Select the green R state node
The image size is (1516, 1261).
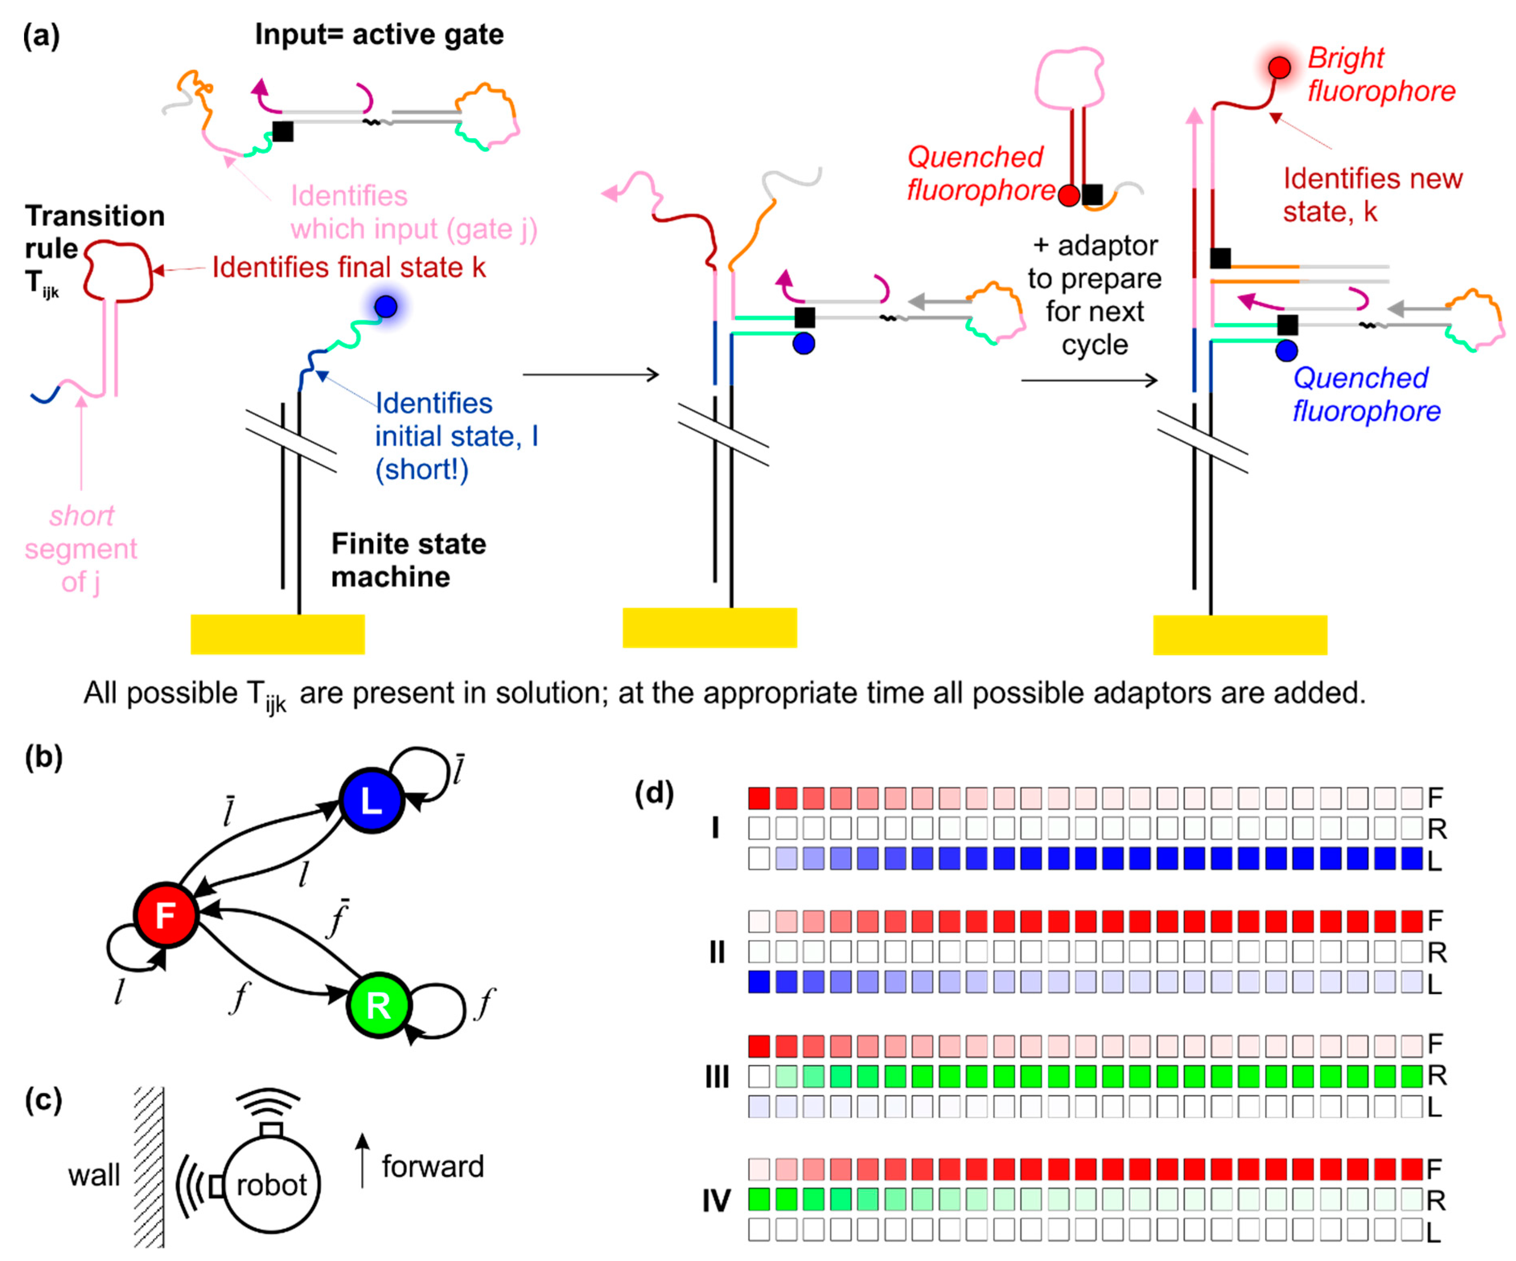pos(378,1005)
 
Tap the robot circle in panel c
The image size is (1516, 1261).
pos(271,1184)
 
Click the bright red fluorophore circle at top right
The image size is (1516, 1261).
pos(1279,68)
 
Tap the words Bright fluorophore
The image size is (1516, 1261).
pos(1380,74)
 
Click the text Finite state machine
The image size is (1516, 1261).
pos(408,560)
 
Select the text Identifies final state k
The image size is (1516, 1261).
pos(349,268)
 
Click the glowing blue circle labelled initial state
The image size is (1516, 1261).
pos(386,307)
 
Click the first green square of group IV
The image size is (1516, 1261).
pos(759,1199)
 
